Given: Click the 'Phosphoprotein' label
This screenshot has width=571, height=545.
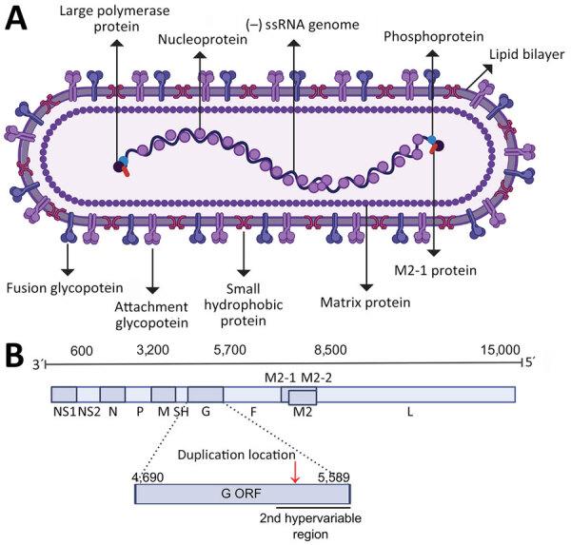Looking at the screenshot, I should click(x=432, y=37).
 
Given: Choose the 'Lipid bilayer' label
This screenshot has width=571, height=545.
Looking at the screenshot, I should click(x=526, y=56).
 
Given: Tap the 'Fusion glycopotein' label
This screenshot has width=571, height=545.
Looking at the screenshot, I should click(x=64, y=287).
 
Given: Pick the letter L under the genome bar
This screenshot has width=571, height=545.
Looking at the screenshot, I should click(x=410, y=412).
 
